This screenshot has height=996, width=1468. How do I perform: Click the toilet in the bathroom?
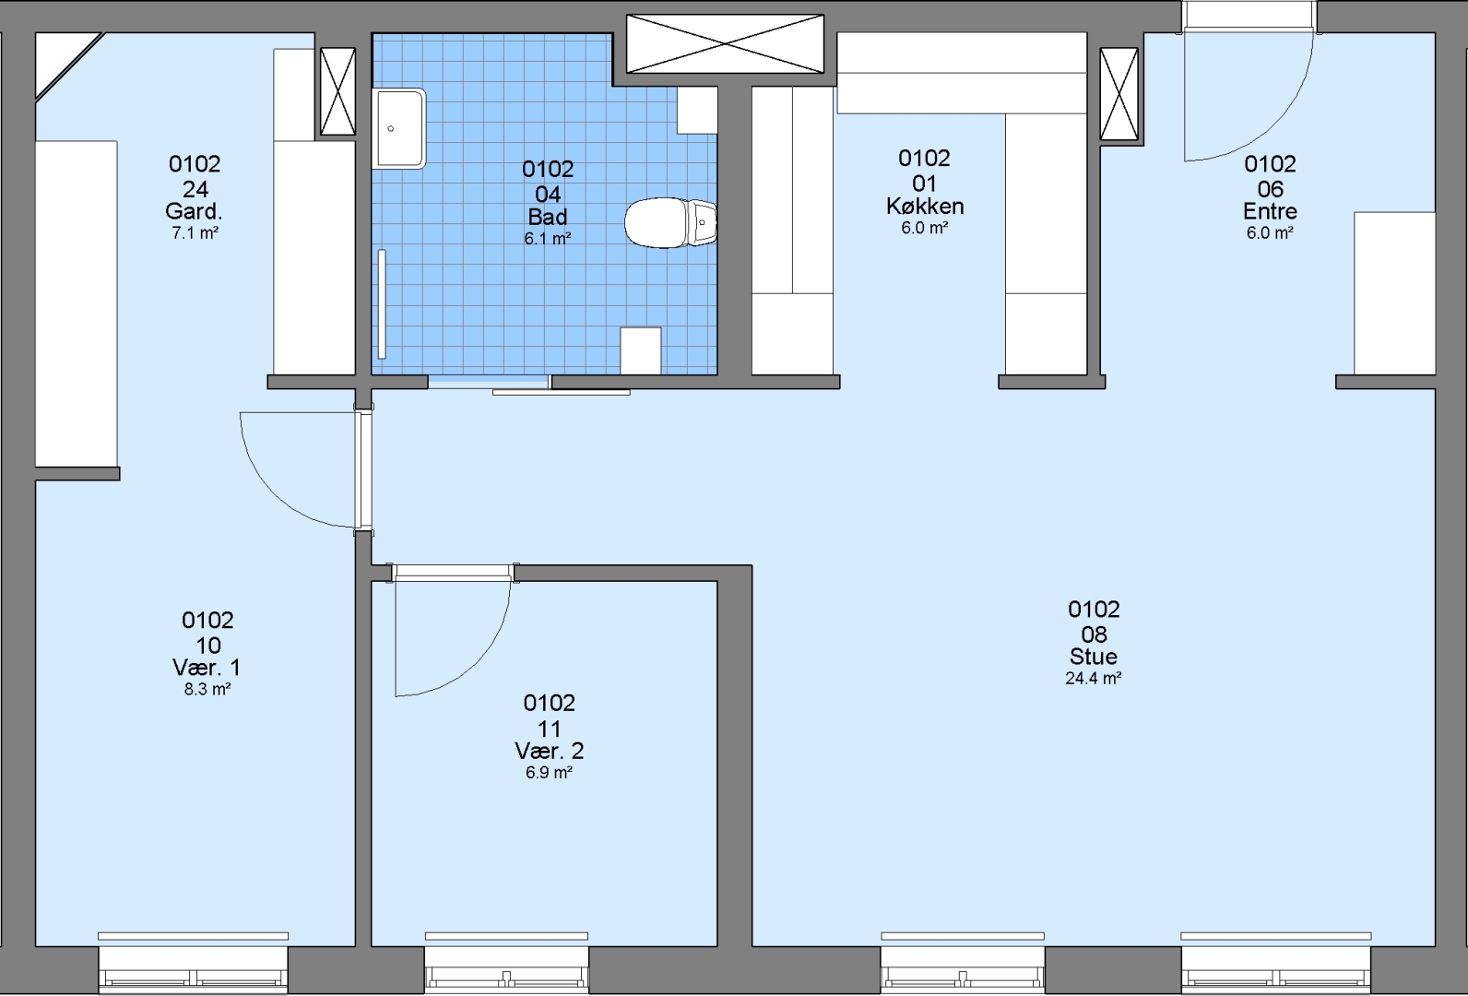(669, 223)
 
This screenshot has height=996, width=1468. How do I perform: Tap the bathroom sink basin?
(399, 128)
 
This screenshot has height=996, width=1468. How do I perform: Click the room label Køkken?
(925, 207)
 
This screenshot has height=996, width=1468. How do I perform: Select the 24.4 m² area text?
(1093, 678)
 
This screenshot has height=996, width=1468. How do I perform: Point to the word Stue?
(1093, 657)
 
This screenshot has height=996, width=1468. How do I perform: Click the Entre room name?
(1270, 212)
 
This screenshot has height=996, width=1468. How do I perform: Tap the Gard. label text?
(194, 212)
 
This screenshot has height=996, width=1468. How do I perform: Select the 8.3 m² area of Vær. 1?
(207, 689)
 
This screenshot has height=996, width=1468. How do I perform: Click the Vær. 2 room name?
(550, 751)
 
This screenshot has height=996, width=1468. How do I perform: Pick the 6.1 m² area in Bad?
(547, 239)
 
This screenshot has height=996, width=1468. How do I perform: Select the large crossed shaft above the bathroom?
(725, 44)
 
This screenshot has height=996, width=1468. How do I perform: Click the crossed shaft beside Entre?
(1119, 94)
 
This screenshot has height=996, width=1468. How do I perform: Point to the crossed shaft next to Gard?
(337, 91)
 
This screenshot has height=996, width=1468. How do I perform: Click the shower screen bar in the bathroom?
(382, 304)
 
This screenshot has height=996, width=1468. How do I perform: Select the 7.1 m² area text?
(195, 233)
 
